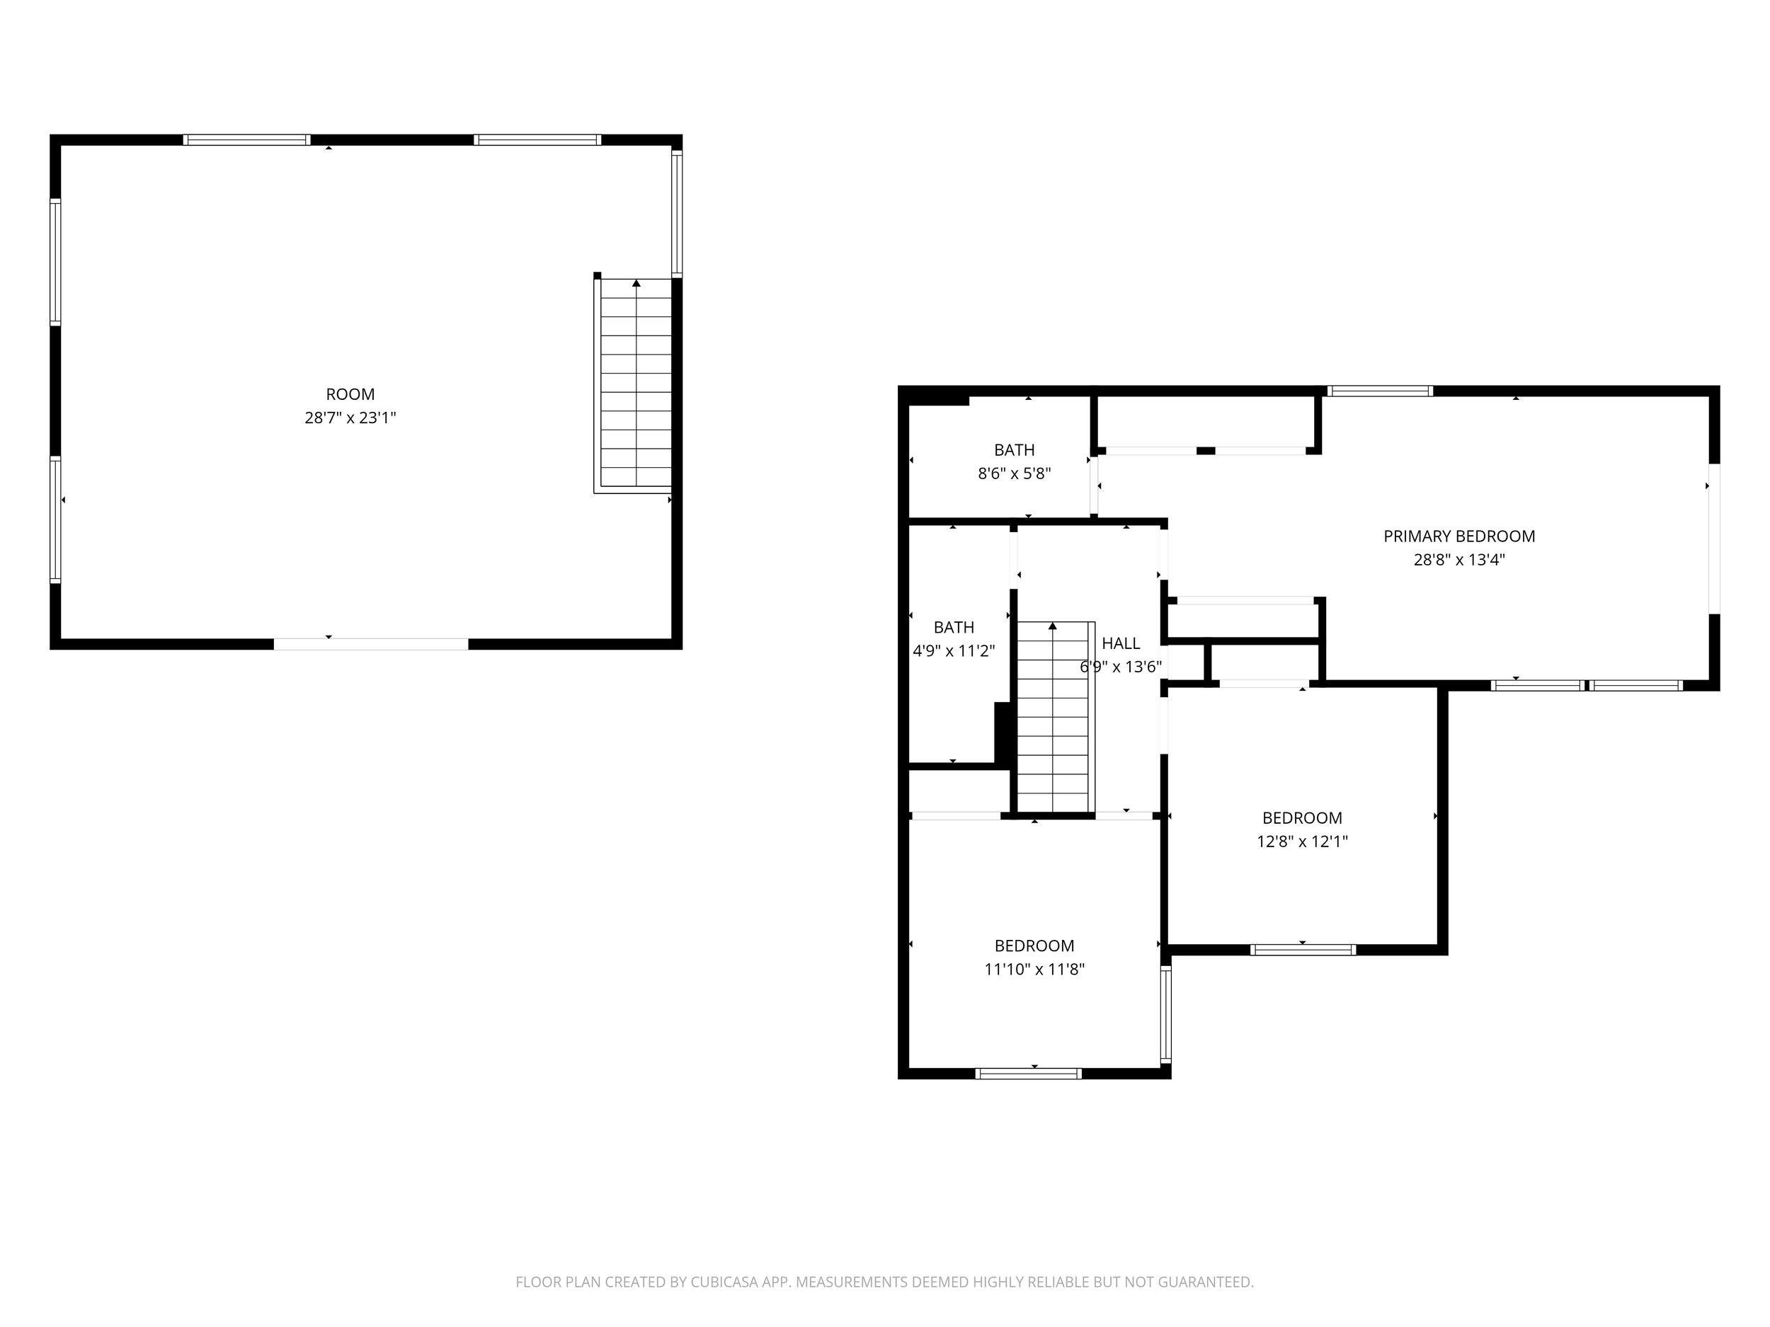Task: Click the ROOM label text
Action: pos(350,394)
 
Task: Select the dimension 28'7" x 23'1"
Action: pos(350,418)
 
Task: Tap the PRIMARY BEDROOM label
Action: pos(1458,536)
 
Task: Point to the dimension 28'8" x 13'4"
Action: pos(1458,560)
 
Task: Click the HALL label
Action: pos(1120,643)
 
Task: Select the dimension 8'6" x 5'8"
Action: pos(1014,473)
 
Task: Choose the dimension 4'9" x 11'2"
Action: pos(953,651)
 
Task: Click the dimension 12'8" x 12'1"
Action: pos(1302,841)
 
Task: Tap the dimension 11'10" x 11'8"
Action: pos(1034,970)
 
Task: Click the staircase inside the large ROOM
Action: pos(635,384)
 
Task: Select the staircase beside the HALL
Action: pos(1052,720)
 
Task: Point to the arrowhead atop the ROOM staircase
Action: pos(636,282)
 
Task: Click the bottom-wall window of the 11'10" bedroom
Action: pos(1028,1074)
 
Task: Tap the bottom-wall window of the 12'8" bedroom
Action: pos(1303,950)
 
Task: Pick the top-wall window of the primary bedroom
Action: pos(1379,391)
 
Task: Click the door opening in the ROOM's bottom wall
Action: pos(370,644)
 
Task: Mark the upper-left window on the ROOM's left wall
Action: pos(55,262)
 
